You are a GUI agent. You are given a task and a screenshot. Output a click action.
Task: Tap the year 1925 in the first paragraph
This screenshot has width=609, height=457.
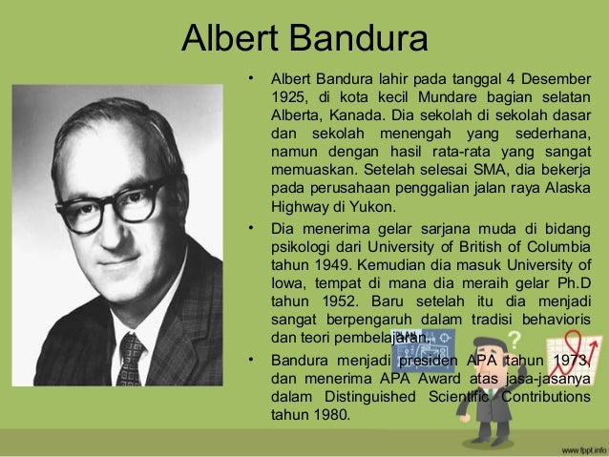[x=289, y=97]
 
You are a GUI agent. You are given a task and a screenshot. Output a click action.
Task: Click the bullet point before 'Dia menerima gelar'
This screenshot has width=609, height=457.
[x=249, y=229]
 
